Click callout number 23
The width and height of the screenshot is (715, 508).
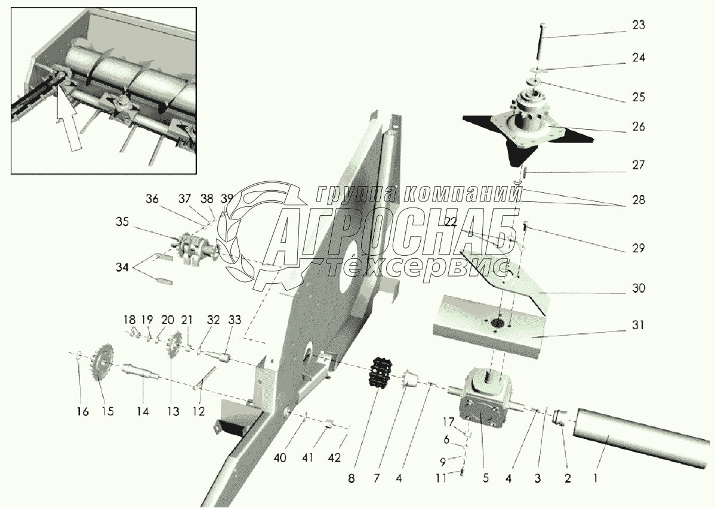(639, 24)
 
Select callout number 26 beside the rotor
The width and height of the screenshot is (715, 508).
(639, 126)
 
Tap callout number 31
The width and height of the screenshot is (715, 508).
(639, 326)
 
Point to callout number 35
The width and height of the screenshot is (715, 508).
(122, 222)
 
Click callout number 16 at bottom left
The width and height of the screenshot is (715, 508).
(82, 411)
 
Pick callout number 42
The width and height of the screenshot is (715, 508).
(334, 457)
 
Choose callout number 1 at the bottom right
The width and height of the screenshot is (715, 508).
(596, 478)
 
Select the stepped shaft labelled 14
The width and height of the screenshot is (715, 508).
(141, 369)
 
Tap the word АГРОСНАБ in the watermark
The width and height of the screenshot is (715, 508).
(392, 235)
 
